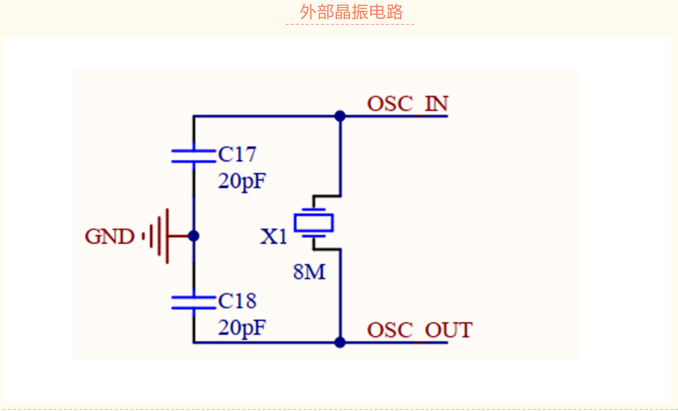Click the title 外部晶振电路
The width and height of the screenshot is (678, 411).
[351, 12]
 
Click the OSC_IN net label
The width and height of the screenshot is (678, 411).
[408, 104]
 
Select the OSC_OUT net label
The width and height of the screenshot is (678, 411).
[419, 330]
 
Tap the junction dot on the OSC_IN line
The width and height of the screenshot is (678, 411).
[340, 116]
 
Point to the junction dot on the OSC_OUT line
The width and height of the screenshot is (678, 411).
[340, 342]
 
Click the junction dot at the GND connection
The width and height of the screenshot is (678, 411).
[193, 236]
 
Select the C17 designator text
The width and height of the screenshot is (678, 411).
[237, 155]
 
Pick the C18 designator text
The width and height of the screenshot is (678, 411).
[237, 301]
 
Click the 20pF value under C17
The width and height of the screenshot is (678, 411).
[242, 181]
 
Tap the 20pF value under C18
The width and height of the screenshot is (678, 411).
[242, 328]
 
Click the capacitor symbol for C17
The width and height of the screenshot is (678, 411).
[193, 156]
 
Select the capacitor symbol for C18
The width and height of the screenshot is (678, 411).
[193, 302]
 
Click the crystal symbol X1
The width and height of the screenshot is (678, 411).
[313, 223]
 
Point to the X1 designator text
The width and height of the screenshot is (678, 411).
[274, 237]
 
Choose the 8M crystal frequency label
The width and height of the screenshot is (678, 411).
[309, 273]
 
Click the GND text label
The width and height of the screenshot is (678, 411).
[110, 237]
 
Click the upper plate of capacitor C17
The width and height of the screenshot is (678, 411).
[193, 151]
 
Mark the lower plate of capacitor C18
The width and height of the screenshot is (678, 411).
[193, 308]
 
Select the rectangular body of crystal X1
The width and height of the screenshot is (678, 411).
[313, 223]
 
